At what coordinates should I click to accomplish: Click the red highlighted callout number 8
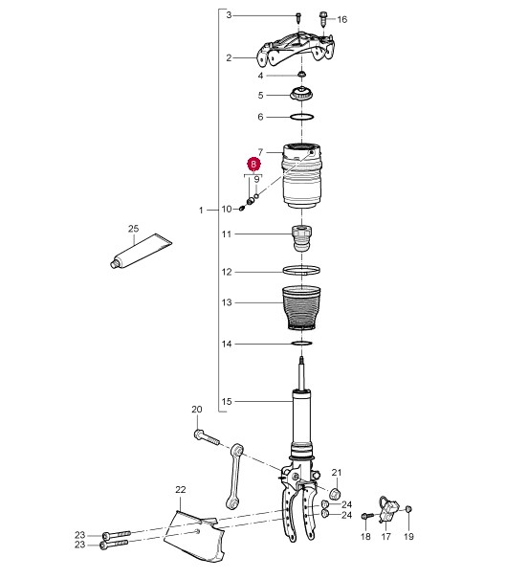[253, 164]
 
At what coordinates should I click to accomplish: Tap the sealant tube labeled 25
[142, 251]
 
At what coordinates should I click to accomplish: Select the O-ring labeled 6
[302, 117]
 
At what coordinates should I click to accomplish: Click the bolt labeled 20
[207, 437]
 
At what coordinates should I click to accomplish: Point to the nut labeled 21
[335, 493]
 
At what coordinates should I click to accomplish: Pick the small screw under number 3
[298, 17]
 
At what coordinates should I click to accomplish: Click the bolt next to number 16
[323, 19]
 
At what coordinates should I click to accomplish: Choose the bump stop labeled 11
[302, 238]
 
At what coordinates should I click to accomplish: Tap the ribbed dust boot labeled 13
[301, 308]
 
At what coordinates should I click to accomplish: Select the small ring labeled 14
[302, 344]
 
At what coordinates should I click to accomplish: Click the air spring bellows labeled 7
[301, 176]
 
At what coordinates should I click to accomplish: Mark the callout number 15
[227, 401]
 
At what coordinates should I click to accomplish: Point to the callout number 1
[201, 211]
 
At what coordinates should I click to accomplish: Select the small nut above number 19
[408, 509]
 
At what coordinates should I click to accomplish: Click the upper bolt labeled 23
[116, 535]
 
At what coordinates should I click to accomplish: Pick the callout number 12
[227, 272]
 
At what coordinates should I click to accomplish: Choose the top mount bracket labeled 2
[296, 51]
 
